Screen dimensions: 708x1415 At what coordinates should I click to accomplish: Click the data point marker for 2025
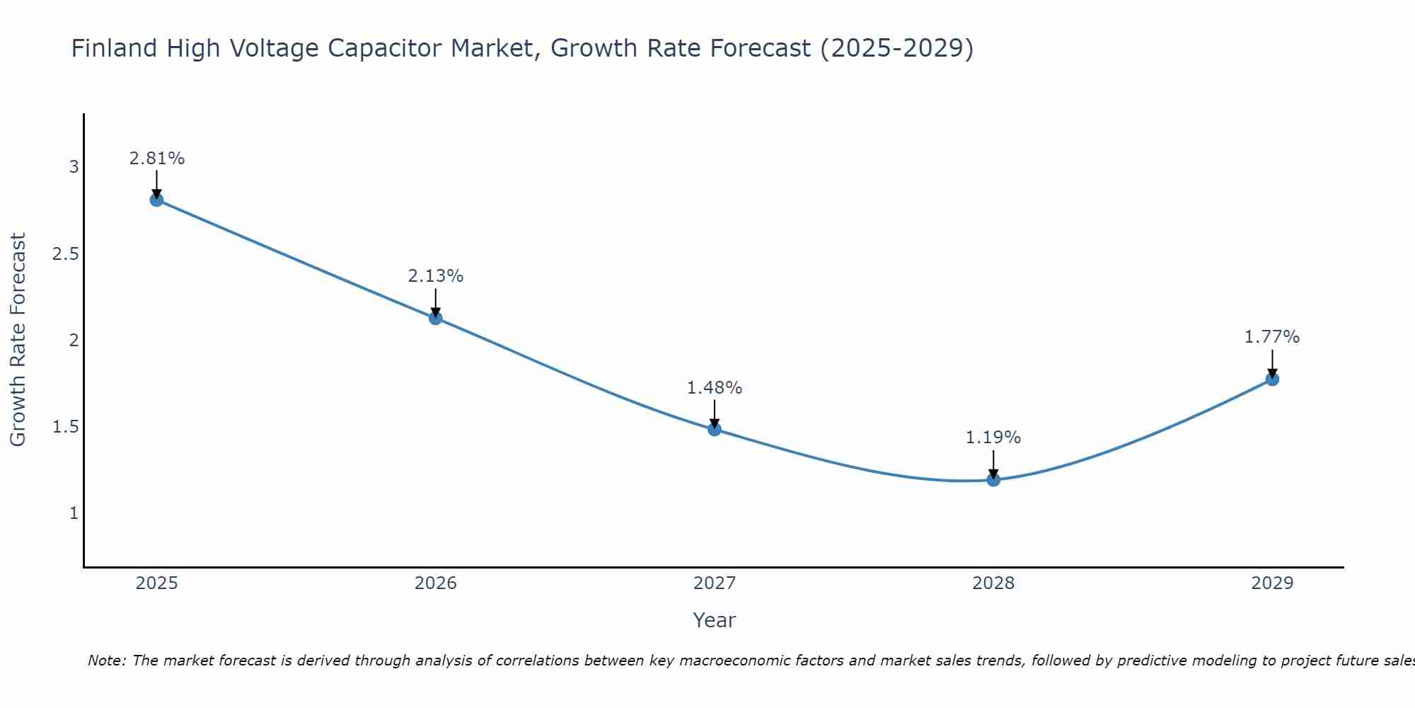tap(156, 200)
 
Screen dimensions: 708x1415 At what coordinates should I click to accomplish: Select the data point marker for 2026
tap(436, 318)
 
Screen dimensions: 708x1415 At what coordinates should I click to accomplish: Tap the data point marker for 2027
tap(715, 429)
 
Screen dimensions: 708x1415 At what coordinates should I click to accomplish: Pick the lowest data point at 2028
tap(993, 480)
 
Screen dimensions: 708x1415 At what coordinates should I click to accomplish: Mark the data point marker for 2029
tap(1272, 379)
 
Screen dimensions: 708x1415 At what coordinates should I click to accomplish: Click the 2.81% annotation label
tap(156, 159)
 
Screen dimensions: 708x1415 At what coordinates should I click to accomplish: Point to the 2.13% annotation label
tap(436, 276)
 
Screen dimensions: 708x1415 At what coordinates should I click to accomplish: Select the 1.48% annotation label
tap(715, 388)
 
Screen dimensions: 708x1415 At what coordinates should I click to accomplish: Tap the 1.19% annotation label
tap(993, 438)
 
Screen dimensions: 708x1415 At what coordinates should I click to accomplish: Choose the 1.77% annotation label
tap(1272, 337)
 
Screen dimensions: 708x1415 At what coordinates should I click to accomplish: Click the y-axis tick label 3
tap(74, 167)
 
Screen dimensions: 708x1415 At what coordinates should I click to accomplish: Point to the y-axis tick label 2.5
tap(66, 253)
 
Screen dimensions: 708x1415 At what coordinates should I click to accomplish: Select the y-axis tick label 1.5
tap(66, 426)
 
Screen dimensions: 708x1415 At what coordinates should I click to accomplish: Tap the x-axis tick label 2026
tap(436, 583)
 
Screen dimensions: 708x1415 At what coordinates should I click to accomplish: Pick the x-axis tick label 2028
tap(993, 583)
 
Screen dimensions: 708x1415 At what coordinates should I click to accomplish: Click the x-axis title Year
tap(715, 620)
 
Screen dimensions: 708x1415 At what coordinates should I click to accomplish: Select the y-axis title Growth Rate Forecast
tap(18, 340)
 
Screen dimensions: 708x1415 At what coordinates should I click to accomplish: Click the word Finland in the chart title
tap(114, 48)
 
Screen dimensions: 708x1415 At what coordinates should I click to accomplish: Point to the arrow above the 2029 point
tap(1272, 362)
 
